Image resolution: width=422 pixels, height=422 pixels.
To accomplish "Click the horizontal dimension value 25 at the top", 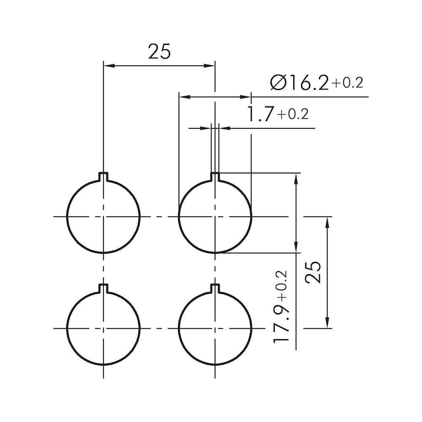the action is click(160, 51).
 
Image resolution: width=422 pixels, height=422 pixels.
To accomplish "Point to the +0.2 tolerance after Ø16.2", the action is click(347, 83).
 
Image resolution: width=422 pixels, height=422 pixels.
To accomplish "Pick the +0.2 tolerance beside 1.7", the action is click(292, 114).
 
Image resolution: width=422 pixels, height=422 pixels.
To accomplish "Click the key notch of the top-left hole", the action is click(103, 177).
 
